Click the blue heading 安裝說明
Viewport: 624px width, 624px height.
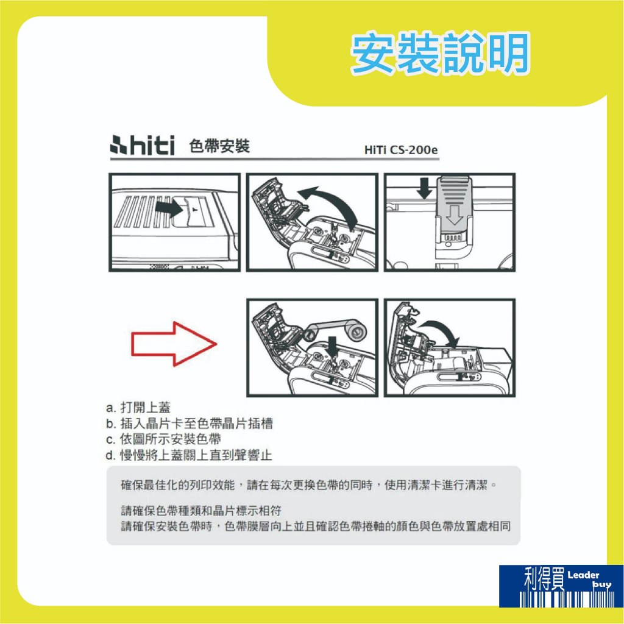click(440, 54)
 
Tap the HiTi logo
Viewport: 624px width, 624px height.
click(143, 145)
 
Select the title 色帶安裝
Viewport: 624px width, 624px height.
click(219, 146)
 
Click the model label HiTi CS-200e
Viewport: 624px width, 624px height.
click(401, 150)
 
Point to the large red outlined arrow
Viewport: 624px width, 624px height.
click(174, 344)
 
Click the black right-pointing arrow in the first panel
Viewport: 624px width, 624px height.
click(169, 208)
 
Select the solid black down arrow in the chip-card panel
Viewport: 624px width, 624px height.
click(425, 188)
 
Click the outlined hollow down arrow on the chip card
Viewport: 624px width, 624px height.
click(455, 215)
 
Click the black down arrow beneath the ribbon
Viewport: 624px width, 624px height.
click(332, 346)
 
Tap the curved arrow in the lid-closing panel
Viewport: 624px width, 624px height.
click(442, 331)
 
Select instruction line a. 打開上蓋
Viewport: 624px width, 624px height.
click(138, 408)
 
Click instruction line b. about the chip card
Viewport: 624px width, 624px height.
click(190, 424)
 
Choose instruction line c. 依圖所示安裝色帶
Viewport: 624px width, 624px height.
click(163, 439)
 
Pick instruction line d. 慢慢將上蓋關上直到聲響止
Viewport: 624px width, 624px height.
click(189, 455)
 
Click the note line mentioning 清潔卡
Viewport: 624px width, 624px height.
click(309, 485)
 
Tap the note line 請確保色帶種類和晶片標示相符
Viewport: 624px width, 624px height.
click(201, 511)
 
